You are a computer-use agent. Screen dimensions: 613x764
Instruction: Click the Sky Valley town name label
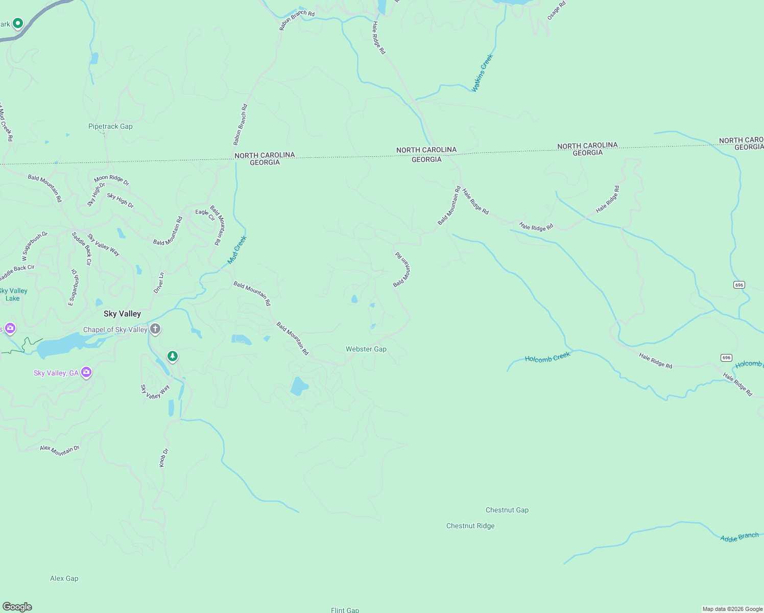coord(122,314)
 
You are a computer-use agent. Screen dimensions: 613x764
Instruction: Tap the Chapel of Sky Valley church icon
coord(155,329)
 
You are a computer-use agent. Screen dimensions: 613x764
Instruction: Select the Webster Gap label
coord(366,349)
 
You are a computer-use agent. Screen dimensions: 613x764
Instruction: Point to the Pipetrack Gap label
coord(110,127)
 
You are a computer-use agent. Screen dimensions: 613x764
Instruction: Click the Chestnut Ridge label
coord(470,526)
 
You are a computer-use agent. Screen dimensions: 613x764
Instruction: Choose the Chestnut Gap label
coord(507,510)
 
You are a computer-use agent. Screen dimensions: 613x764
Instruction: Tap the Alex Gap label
coord(64,579)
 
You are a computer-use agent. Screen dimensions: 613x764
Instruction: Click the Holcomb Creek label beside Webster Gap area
coord(547,358)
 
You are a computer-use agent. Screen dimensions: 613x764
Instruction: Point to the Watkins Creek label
coord(482,73)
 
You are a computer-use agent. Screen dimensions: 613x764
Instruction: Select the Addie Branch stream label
coord(739,537)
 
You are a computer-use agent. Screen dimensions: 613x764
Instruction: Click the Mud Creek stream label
coord(237,250)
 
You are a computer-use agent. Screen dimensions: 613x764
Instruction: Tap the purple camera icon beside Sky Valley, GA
coord(86,372)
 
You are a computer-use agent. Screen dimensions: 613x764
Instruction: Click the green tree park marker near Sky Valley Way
coord(173,356)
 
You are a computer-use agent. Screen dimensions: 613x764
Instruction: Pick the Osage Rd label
coord(556,11)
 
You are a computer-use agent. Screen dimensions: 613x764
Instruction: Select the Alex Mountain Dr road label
coord(60,450)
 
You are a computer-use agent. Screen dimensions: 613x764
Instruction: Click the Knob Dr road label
coord(163,458)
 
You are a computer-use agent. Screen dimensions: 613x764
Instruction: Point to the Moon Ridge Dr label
coord(112,180)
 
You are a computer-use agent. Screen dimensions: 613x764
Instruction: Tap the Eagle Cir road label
coord(205,214)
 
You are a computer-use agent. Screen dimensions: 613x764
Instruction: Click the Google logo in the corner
coord(17,607)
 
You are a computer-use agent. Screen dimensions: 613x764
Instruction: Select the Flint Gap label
coord(345,610)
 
